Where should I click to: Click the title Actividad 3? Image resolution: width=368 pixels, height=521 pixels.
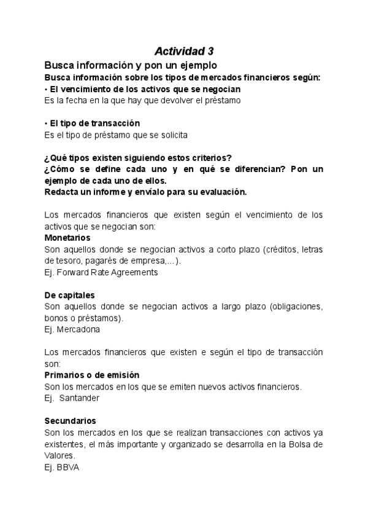click(184, 51)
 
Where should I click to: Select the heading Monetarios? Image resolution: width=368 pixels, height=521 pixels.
click(67, 237)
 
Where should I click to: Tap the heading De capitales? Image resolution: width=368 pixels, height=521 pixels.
click(69, 295)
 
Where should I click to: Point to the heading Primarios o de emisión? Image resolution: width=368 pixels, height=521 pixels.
click(92, 375)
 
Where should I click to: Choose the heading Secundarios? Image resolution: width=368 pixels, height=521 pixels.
click(71, 421)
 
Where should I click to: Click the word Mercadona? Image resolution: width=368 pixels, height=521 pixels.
click(79, 329)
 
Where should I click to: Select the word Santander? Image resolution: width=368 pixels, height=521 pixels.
click(80, 398)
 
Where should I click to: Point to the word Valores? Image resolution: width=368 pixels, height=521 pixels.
click(59, 456)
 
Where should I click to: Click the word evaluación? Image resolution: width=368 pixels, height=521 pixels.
click(223, 192)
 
